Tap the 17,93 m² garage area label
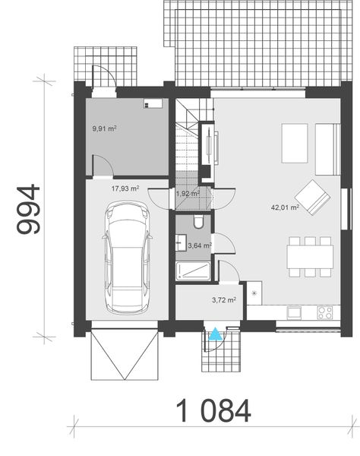[125, 188]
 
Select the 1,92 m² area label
[187, 194]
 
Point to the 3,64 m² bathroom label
[200, 245]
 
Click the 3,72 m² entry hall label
[224, 300]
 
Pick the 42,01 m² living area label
[285, 206]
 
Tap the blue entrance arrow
[216, 332]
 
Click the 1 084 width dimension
[213, 411]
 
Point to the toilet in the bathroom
[197, 223]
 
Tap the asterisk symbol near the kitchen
[255, 293]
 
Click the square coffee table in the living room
[295, 144]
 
